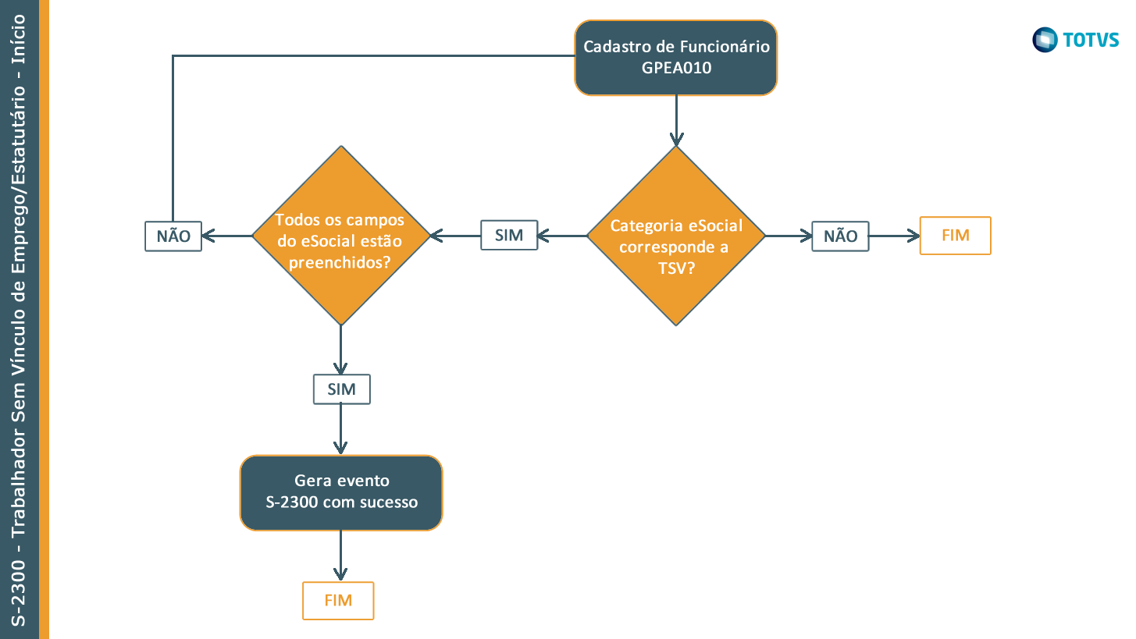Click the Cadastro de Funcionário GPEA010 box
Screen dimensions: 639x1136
click(675, 58)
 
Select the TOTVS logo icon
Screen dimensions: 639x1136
click(1044, 39)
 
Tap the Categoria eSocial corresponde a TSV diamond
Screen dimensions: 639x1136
click(675, 236)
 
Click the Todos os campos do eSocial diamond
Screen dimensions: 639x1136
click(341, 236)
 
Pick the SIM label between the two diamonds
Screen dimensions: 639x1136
click(509, 236)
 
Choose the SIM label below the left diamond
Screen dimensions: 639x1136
click(341, 389)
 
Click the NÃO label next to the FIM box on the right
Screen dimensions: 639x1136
click(840, 236)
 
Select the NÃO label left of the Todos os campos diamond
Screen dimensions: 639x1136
click(173, 236)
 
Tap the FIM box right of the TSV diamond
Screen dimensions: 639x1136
click(955, 236)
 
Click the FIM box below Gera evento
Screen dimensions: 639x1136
click(338, 601)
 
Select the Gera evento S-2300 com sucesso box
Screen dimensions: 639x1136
click(341, 492)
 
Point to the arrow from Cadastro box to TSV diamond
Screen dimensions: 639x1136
click(675, 121)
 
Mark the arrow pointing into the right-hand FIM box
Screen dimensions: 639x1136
click(895, 236)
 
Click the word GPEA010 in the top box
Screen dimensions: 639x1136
click(676, 68)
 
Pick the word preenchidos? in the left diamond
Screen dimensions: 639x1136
click(340, 262)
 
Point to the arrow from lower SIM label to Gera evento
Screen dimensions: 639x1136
click(341, 429)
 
